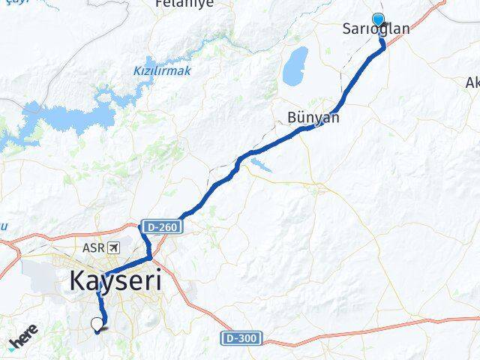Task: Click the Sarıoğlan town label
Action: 376,30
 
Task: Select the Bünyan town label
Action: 313,118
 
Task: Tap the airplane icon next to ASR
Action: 113,247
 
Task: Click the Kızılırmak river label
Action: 163,70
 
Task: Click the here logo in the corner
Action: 24,343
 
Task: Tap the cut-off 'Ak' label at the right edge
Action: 472,82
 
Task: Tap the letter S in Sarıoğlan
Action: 346,30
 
